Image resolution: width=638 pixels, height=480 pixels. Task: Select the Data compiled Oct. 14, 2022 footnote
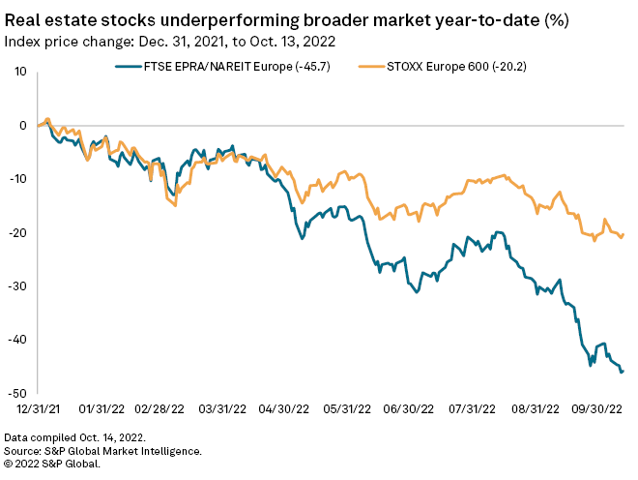pyautogui.click(x=75, y=438)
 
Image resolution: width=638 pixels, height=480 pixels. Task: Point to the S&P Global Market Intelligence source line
pyautogui.click(x=103, y=451)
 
